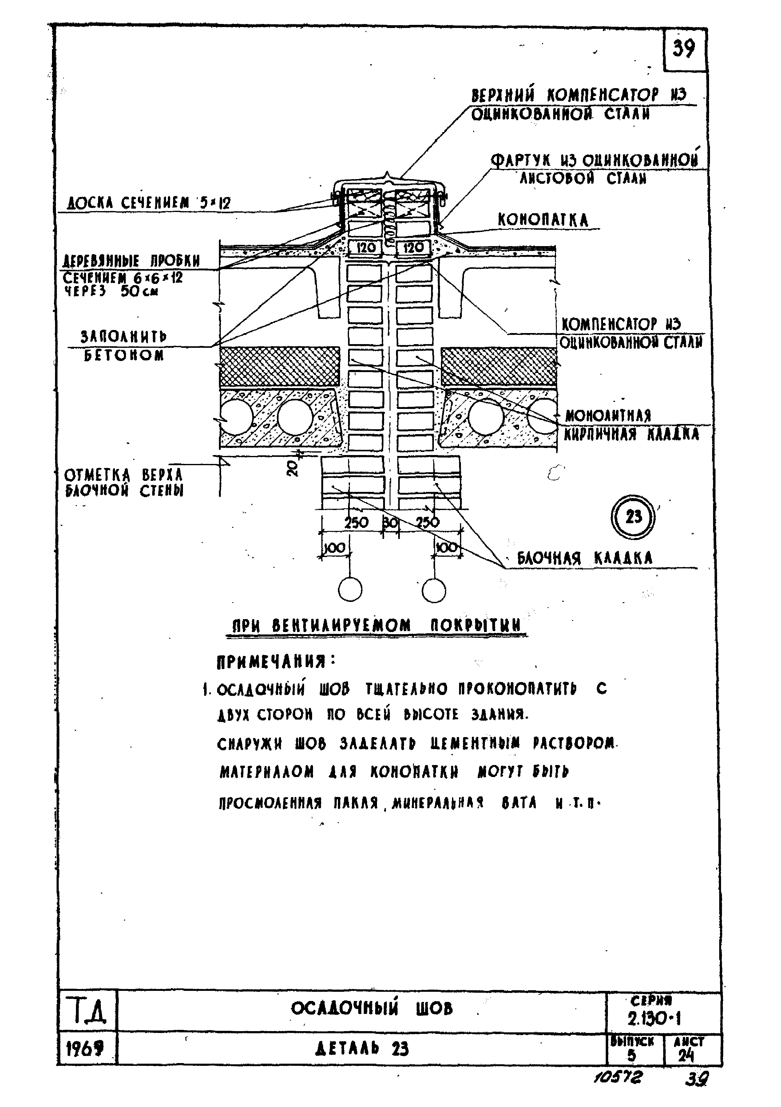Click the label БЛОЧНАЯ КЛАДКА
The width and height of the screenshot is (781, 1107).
[x=584, y=558]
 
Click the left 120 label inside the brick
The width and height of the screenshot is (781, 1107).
[x=366, y=248]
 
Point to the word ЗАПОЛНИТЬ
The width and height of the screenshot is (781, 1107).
[x=124, y=336]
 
